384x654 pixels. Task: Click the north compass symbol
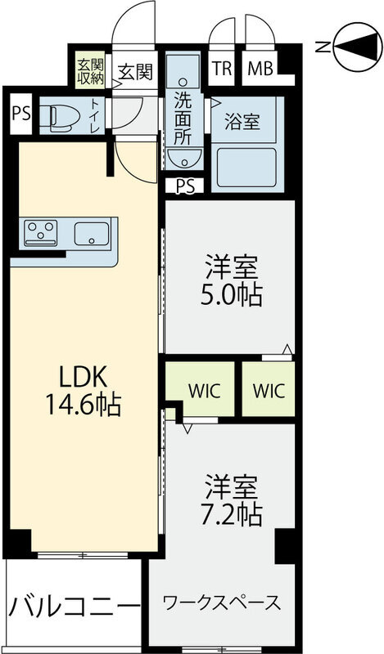click(x=353, y=47)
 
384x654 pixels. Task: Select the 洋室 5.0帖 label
click(x=232, y=280)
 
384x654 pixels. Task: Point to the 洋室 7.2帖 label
click(x=232, y=500)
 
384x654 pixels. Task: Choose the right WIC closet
click(x=268, y=389)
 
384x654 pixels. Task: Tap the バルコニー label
click(x=74, y=607)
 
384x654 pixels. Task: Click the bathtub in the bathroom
click(x=247, y=169)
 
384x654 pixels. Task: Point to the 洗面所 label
click(x=183, y=117)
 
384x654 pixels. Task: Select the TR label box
click(x=222, y=69)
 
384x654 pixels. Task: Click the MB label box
click(x=261, y=69)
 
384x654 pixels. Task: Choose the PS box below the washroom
click(x=185, y=186)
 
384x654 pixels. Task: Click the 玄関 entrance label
click(x=133, y=71)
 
